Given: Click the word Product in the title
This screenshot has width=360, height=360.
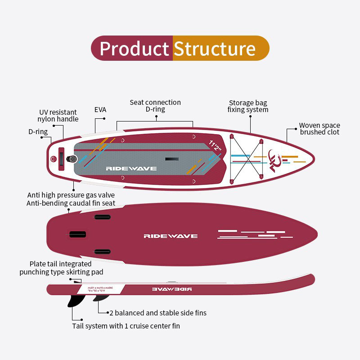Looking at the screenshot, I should (x=134, y=48).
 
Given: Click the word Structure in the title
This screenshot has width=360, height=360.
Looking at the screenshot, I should (x=215, y=48).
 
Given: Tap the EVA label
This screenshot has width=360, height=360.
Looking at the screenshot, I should (x=100, y=109).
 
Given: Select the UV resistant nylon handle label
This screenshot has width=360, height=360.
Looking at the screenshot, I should (x=58, y=116).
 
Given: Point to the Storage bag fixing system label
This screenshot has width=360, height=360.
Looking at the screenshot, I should (x=248, y=106).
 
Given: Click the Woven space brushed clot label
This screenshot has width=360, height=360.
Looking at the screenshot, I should (x=319, y=129).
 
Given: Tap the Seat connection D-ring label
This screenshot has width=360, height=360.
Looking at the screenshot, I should (x=155, y=106).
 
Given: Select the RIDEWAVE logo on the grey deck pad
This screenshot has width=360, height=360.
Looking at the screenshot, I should (x=131, y=168).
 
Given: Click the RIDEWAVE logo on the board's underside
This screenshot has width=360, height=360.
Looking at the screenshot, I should (x=171, y=236).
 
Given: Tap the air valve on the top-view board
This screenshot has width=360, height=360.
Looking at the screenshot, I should (x=72, y=159).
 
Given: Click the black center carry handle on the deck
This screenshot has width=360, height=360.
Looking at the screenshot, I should (x=171, y=159).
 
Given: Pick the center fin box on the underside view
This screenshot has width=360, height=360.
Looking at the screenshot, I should (x=77, y=234).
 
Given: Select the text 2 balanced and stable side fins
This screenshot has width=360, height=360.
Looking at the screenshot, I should (x=158, y=313).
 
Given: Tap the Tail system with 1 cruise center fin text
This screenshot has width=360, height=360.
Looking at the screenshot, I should (x=126, y=326).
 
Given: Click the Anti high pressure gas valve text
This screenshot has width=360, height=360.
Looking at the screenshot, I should (x=71, y=195).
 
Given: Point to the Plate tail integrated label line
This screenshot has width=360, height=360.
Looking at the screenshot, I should (x=60, y=264).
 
